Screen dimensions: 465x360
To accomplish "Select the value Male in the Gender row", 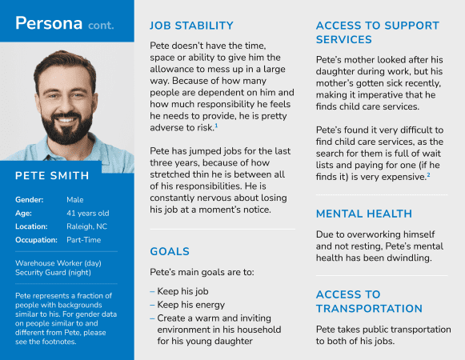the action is click(77, 198).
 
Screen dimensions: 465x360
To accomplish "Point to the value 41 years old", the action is click(88, 213).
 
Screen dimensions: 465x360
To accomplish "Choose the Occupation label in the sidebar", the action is click(36, 240).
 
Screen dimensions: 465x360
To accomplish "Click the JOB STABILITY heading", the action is click(191, 26).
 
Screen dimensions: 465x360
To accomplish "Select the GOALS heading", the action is click(170, 251).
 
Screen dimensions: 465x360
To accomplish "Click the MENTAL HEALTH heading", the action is click(364, 214).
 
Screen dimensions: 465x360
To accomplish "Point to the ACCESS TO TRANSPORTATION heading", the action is click(369, 301).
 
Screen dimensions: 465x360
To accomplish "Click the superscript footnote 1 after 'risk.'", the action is click(216, 126).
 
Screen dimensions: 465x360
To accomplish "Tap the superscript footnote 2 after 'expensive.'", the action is click(429, 174).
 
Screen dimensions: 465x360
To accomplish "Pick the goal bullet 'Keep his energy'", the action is click(194, 305).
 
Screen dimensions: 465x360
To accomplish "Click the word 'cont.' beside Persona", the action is click(101, 25).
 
